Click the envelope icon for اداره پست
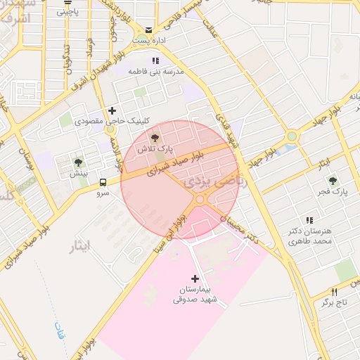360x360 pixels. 148,30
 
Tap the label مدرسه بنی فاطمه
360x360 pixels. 156,72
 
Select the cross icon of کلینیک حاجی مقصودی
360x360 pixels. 112,110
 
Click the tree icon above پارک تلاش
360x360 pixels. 155,138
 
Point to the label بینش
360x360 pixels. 77,173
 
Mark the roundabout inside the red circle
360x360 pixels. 200,200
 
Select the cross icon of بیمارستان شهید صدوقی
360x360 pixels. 195,279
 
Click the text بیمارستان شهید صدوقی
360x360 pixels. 195,295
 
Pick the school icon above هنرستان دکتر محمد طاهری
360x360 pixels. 309,221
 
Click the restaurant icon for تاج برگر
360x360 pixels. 334,292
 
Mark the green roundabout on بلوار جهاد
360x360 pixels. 291,136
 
